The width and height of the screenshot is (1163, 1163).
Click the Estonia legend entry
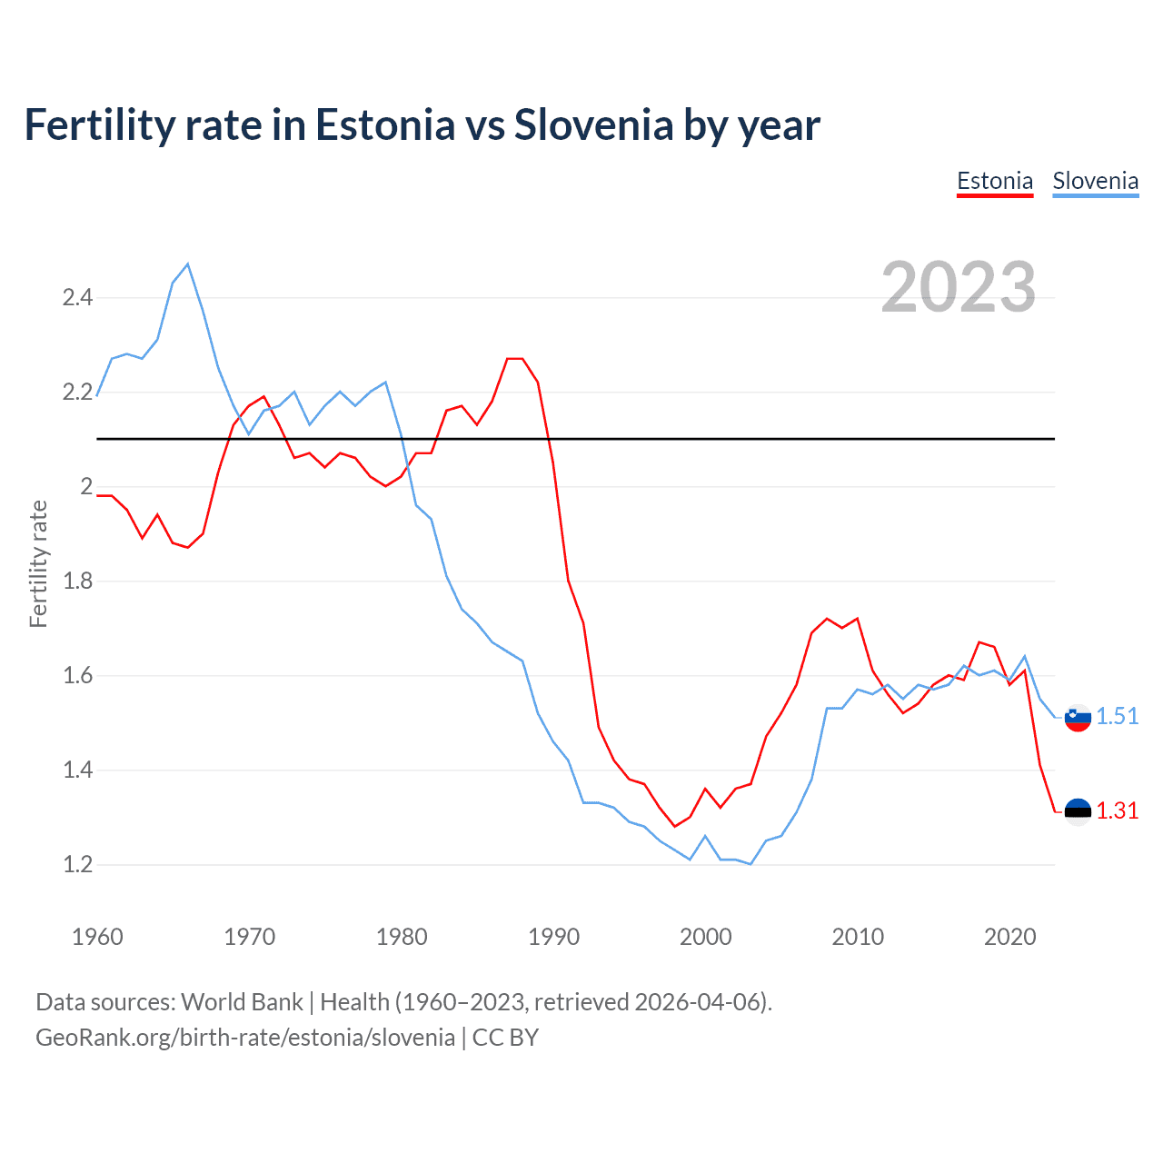coord(995,181)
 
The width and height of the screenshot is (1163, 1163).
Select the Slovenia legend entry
coord(1095,181)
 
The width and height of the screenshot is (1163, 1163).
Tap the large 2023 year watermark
coord(959,287)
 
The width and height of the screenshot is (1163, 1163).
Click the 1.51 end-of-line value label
coord(1117,716)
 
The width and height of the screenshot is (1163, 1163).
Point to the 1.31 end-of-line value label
coord(1117,810)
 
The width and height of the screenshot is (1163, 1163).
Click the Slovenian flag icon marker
coord(1078,717)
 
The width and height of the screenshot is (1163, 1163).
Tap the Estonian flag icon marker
coord(1078,811)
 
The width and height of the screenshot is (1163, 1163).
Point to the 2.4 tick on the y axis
coord(77,297)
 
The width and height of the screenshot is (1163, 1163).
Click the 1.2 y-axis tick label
coord(77,864)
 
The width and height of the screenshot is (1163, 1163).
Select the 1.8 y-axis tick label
coord(77,581)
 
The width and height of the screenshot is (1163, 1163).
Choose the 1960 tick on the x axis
coord(97,937)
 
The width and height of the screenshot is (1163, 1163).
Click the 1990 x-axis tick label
coord(553,937)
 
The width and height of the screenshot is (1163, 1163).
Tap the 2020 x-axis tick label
coord(1009,937)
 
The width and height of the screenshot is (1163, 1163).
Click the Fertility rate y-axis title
coord(38,563)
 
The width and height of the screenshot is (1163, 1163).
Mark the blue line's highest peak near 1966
coord(188,264)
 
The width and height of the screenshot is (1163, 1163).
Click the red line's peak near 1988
coord(515,359)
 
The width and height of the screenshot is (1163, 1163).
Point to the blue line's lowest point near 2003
coord(750,863)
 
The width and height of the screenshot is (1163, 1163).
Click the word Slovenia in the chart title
coord(594,124)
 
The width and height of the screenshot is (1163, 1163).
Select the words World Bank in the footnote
coord(242,1001)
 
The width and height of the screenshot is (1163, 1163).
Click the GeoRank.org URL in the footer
coord(245,1037)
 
